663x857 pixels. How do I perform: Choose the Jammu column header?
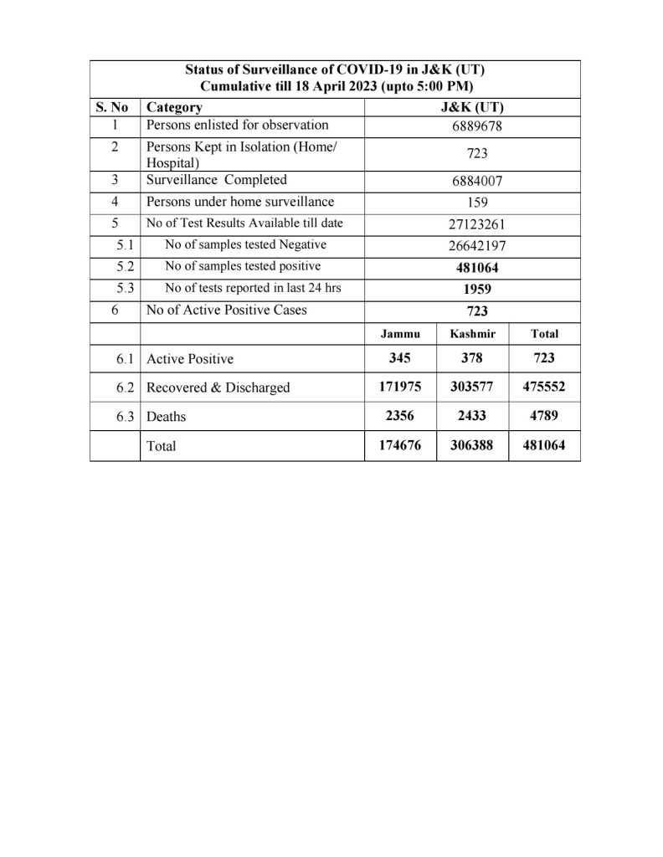[400, 333]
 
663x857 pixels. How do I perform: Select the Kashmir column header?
[472, 333]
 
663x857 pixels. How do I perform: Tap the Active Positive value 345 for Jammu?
[400, 357]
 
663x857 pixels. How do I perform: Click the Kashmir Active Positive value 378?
[472, 357]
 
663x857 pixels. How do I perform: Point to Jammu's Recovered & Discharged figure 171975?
[400, 387]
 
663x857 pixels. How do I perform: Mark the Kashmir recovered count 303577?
[472, 387]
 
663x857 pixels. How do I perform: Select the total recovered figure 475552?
[544, 387]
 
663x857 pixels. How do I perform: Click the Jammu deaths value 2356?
[400, 415]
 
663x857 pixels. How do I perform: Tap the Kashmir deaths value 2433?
[472, 415]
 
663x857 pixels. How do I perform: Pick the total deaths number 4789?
[544, 415]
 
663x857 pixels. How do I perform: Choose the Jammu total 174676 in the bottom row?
[400, 445]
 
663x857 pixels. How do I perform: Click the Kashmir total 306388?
[472, 445]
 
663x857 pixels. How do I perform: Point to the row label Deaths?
[167, 416]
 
